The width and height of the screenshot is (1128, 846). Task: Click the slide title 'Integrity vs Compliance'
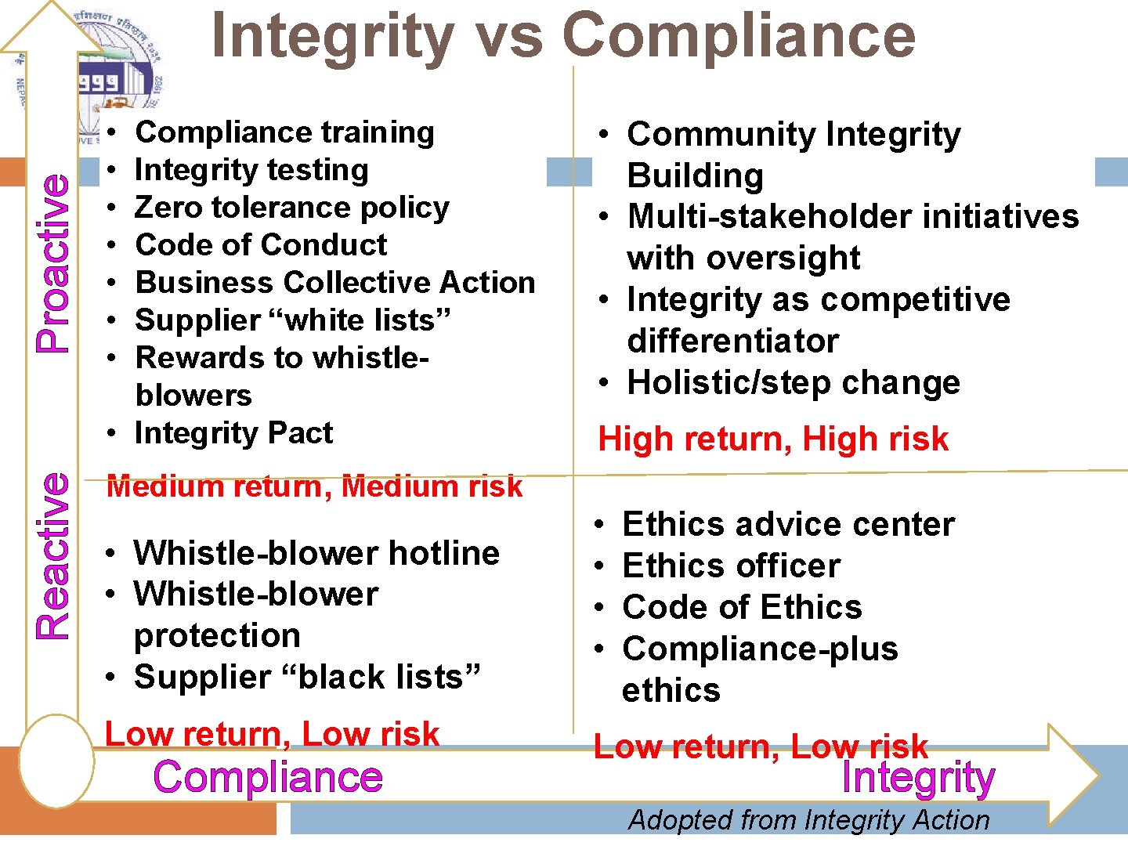[x=563, y=35]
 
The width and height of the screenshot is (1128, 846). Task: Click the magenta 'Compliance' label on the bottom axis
[x=268, y=777]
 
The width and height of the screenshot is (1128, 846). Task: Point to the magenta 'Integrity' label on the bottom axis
[x=917, y=778]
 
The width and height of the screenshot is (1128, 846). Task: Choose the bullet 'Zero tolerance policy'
[x=291, y=208]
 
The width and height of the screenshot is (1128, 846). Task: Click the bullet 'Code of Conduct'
[x=261, y=245]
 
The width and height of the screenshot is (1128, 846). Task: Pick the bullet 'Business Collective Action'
[x=334, y=283]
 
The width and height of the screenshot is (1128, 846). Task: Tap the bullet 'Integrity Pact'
[x=233, y=433]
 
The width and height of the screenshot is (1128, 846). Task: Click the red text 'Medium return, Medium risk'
[x=314, y=486]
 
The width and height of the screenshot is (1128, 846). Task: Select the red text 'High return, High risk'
[x=773, y=439]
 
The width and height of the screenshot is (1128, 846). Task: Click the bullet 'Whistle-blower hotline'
[x=316, y=554]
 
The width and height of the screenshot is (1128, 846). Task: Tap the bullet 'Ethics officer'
[x=731, y=566]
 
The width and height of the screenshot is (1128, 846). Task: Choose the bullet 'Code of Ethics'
[x=742, y=608]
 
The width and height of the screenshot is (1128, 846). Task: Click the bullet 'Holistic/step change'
[x=794, y=383]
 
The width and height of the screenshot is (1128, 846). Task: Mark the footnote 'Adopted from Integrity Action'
[x=808, y=820]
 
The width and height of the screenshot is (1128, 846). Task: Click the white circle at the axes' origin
[x=56, y=761]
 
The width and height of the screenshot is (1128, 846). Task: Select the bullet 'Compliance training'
[x=284, y=132]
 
